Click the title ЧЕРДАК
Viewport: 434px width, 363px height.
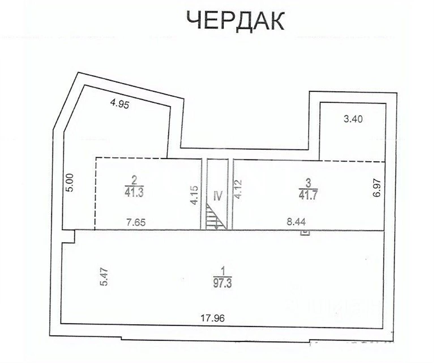coord(235,21)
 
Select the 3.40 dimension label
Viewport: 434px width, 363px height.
coord(353,119)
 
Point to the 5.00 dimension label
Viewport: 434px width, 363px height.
coord(70,183)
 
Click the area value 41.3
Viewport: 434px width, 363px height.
coord(134,193)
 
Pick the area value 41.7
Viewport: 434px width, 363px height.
coord(308,195)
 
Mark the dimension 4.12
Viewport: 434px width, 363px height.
coord(238,189)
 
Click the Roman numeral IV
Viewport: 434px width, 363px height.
coord(218,196)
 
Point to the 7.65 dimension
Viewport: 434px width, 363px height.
coord(136,222)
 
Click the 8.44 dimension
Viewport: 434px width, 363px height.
coord(296,222)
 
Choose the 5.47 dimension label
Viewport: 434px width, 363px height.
coord(105,277)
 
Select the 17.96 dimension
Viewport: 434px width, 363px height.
coord(212,318)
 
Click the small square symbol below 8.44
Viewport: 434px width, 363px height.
coord(305,233)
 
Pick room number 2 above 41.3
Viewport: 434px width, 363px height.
coord(134,181)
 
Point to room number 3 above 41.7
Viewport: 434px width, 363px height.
coord(309,183)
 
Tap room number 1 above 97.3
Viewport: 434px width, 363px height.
coord(223,271)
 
